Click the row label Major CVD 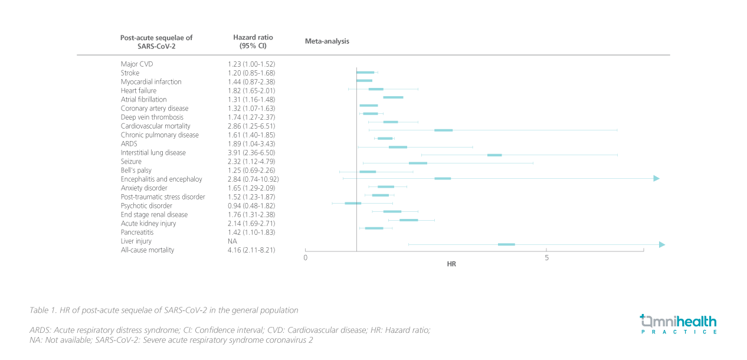(x=137, y=64)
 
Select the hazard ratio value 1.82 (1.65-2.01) (x=251, y=91)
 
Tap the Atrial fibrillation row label (x=143, y=100)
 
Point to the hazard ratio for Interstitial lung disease (x=251, y=153)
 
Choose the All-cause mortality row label (x=147, y=250)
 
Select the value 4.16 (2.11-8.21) (x=251, y=250)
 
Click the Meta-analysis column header (x=327, y=41)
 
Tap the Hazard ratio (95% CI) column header (x=253, y=41)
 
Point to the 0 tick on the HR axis (x=305, y=258)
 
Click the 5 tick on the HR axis (x=546, y=258)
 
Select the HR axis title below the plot (x=451, y=264)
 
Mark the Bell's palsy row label (x=136, y=171)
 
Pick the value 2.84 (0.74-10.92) (x=253, y=179)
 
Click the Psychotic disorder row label (x=146, y=206)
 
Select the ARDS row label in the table (x=129, y=144)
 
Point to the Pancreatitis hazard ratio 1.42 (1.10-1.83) (x=251, y=233)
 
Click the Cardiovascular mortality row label (x=155, y=126)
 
